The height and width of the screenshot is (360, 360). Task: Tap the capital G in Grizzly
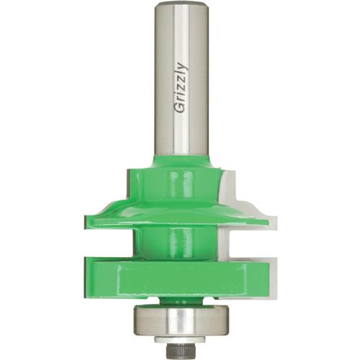pos(180,107)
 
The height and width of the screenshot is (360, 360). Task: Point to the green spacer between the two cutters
pos(180,241)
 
